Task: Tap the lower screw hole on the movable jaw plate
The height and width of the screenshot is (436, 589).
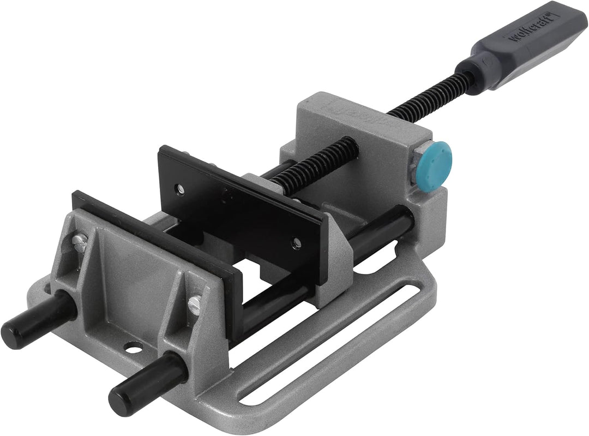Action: coord(297,240)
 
